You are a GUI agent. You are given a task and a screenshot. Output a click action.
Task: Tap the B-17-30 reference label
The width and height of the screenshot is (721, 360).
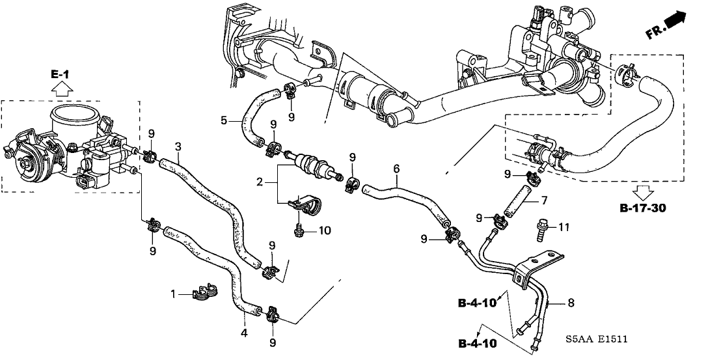643,209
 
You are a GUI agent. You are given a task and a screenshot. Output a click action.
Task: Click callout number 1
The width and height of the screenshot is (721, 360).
174,295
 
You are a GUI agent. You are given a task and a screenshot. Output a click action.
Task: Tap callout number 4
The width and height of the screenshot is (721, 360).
244,333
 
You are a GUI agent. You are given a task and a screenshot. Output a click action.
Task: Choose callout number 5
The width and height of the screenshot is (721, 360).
224,120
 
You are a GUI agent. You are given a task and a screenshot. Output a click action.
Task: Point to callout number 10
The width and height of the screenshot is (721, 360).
325,230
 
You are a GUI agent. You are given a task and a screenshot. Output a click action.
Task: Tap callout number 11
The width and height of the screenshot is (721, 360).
564,227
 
